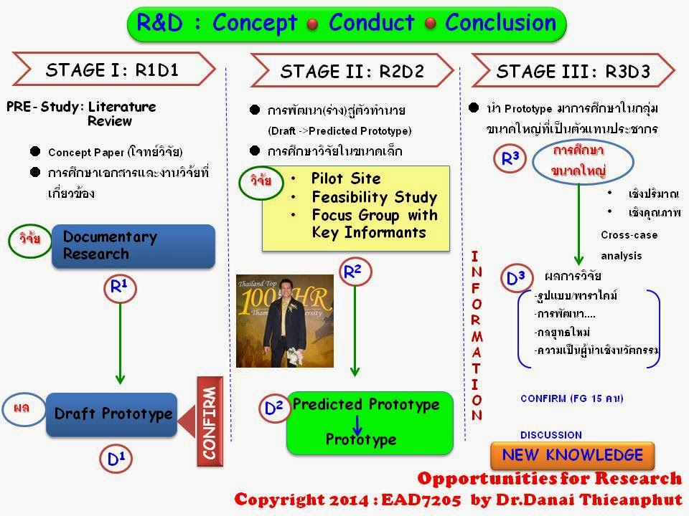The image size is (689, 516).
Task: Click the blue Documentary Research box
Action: (133, 246)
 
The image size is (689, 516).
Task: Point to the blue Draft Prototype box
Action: (112, 414)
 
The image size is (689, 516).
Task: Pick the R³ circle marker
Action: (511, 160)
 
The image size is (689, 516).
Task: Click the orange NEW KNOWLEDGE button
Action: (572, 455)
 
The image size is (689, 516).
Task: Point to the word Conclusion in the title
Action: (500, 23)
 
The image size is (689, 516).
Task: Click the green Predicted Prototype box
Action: (370, 422)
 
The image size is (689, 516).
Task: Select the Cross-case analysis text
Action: (629, 244)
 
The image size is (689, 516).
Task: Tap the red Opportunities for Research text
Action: (549, 479)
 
